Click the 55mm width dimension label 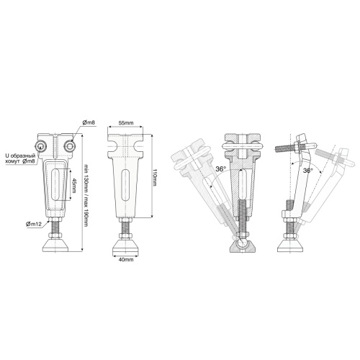126,123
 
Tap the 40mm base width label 126,259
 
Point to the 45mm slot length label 74,184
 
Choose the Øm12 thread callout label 34,224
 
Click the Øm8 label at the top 89,122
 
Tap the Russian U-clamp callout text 20,158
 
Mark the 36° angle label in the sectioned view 220,169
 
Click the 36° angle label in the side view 307,171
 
